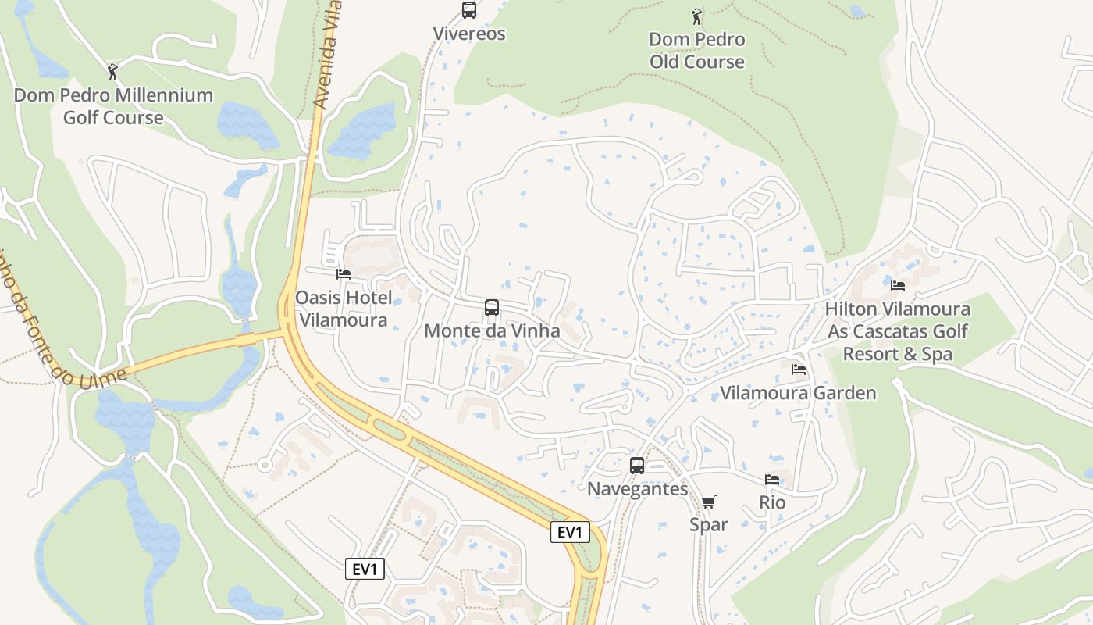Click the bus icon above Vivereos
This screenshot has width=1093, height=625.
[469, 10]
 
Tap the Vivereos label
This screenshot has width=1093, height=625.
[469, 34]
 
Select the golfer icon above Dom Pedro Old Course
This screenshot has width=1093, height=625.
[696, 16]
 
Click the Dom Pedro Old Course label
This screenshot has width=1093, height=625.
[697, 51]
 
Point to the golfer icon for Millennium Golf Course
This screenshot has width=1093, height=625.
[113, 72]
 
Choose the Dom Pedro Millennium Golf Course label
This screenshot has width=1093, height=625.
[113, 106]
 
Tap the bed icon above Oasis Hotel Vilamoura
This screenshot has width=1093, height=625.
[344, 274]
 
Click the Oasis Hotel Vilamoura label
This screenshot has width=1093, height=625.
[344, 309]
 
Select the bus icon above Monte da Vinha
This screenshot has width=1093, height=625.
[492, 308]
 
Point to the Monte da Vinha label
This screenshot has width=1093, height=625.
[492, 331]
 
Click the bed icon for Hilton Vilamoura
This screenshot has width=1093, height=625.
[898, 285]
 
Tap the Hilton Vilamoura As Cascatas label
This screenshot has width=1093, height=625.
[898, 331]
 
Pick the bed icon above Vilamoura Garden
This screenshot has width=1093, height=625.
[798, 369]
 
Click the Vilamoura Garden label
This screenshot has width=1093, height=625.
[798, 392]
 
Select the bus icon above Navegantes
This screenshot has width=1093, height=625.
[637, 466]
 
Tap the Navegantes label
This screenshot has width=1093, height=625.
[637, 489]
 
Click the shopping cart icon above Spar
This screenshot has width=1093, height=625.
[709, 502]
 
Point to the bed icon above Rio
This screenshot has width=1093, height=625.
[772, 480]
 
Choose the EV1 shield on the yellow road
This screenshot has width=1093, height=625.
[569, 533]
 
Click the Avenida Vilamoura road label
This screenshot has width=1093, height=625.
[327, 55]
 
